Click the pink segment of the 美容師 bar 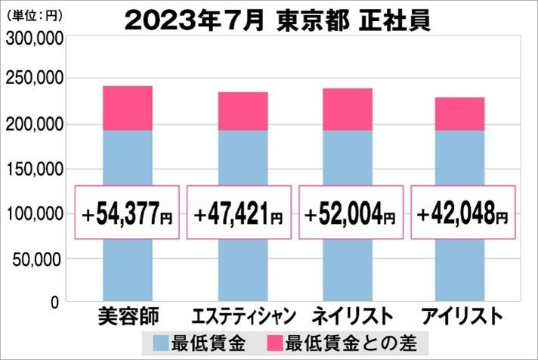click(127, 108)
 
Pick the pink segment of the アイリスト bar click(460, 113)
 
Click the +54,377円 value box click(127, 213)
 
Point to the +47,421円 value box click(239, 213)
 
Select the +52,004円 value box click(350, 213)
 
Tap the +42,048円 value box click(462, 213)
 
